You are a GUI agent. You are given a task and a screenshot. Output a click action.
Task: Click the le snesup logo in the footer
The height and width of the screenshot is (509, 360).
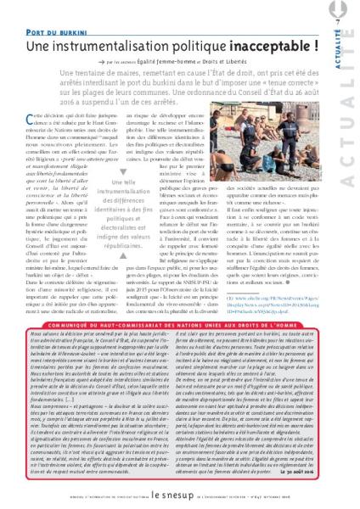179,492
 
